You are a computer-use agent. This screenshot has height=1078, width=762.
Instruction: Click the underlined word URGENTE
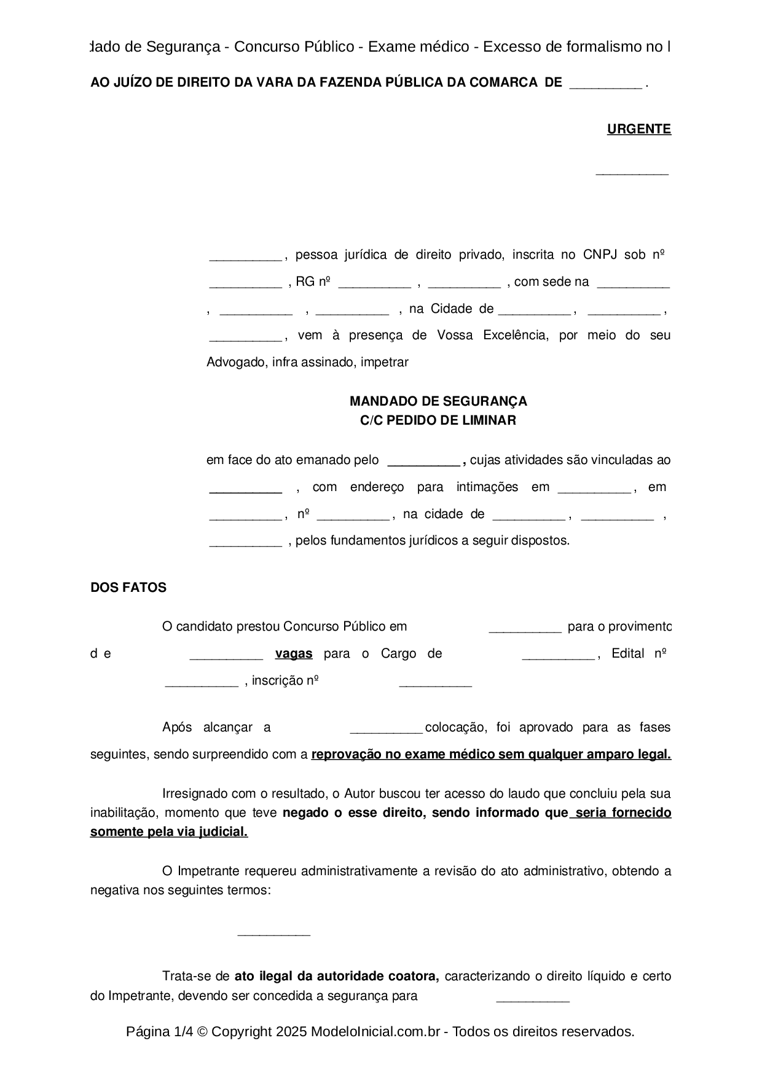pyautogui.click(x=638, y=129)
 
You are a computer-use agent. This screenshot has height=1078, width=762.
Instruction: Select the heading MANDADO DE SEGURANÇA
pyautogui.click(x=438, y=401)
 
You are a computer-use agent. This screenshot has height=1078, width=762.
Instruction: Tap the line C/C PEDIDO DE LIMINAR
pyautogui.click(x=438, y=420)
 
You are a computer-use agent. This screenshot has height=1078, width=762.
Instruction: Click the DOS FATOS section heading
pyautogui.click(x=128, y=588)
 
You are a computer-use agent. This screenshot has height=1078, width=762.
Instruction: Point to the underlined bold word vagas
pyautogui.click(x=294, y=654)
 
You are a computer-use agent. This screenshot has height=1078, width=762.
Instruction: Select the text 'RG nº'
pyautogui.click(x=313, y=282)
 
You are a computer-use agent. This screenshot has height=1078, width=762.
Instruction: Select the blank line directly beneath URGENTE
pyautogui.click(x=632, y=173)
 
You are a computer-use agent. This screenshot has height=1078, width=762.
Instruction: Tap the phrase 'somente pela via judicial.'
pyautogui.click(x=169, y=832)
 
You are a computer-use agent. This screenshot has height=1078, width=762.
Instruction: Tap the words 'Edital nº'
pyautogui.click(x=639, y=654)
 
